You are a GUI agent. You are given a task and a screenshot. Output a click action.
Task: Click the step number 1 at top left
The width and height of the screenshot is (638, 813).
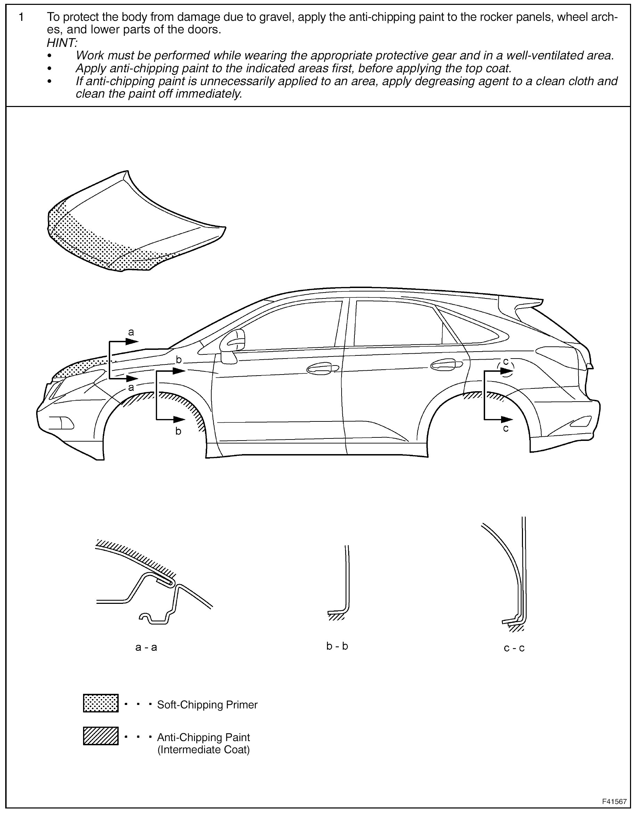tap(21, 17)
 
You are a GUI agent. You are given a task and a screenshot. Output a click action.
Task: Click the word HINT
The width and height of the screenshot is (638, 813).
tap(62, 43)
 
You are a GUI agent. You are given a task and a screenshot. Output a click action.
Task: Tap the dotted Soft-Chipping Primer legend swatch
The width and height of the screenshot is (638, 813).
tap(100, 703)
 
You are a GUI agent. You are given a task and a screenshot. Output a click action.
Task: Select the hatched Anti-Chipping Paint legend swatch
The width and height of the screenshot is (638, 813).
tap(100, 736)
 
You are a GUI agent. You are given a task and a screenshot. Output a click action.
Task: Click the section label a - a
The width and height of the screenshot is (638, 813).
tap(146, 647)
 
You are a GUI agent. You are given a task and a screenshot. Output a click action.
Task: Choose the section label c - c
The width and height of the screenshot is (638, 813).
tap(514, 648)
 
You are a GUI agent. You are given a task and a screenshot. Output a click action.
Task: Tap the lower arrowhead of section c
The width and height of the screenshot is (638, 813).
tap(506, 419)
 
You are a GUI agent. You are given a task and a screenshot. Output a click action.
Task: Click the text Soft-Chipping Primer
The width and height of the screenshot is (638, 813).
tap(207, 705)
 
